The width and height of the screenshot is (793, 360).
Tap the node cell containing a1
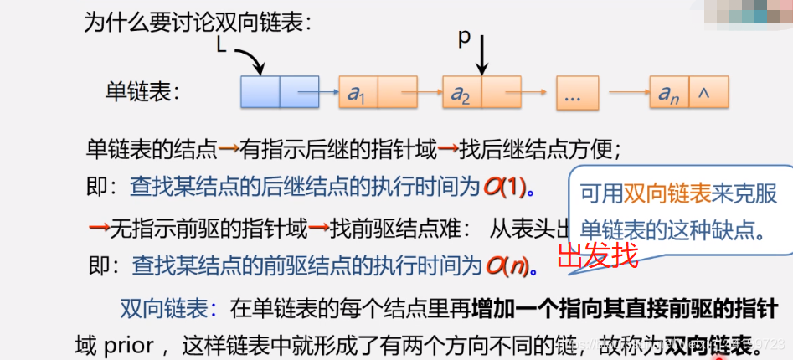click(x=358, y=94)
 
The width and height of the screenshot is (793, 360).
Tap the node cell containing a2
click(x=461, y=94)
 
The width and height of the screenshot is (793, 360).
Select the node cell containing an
click(x=668, y=94)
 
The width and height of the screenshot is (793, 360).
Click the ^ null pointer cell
click(x=708, y=94)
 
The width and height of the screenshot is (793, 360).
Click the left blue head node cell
click(x=260, y=92)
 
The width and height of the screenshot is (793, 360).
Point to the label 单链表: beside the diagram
click(x=143, y=92)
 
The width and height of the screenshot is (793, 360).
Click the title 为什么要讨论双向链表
click(x=198, y=21)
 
